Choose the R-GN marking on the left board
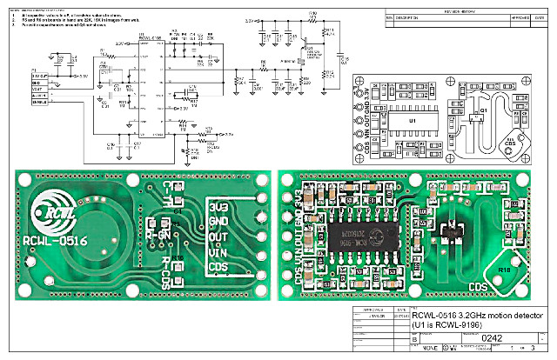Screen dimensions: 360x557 pos(159,233)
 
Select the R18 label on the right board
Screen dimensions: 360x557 pos(505,271)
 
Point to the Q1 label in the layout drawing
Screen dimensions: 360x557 pos(484,110)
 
